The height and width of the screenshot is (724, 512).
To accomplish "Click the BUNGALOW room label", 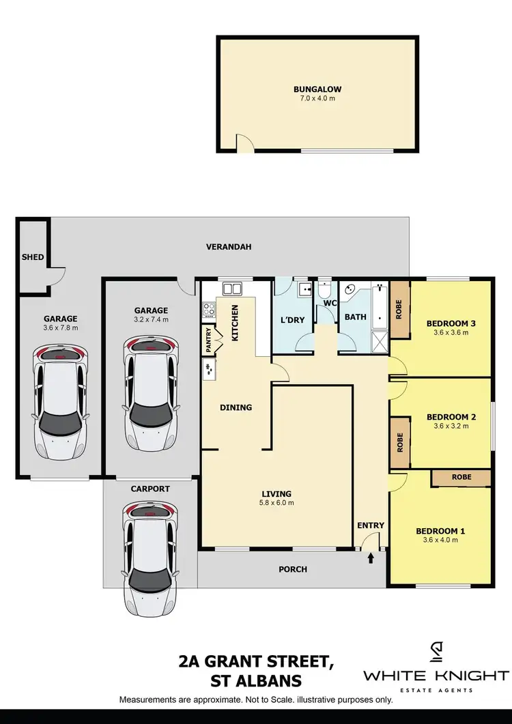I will click(317, 89).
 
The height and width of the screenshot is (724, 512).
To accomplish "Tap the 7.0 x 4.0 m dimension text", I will click(317, 98).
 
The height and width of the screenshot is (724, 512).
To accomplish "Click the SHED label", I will click(33, 257).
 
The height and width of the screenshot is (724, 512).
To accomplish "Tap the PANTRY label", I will click(208, 341).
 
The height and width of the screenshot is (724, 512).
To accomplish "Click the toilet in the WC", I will click(325, 289).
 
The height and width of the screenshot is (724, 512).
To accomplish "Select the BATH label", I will click(355, 317).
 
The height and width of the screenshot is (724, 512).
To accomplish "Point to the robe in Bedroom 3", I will click(399, 309).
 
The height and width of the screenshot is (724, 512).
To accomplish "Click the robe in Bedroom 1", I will click(461, 478).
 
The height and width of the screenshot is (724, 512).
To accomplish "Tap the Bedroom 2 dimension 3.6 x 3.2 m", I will click(451, 426).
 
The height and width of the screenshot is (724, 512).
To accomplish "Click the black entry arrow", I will click(371, 558).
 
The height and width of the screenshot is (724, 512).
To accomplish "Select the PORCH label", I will click(294, 569).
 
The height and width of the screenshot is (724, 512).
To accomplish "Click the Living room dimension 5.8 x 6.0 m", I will click(276, 503).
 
